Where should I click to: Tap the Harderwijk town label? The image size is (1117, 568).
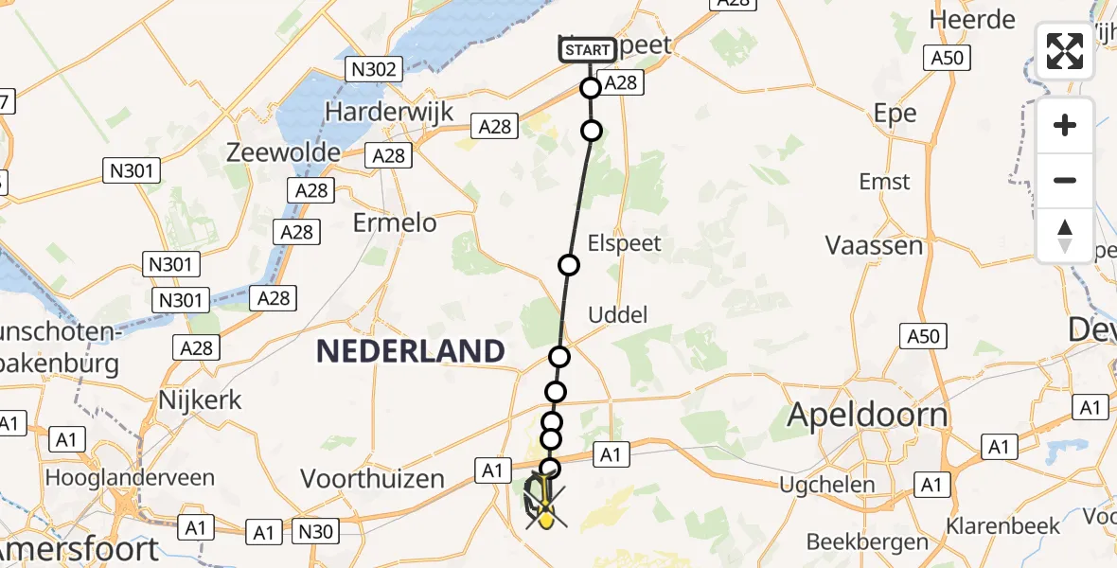[389, 111]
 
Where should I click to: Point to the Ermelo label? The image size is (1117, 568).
[395, 222]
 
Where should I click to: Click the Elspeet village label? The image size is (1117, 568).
[624, 242]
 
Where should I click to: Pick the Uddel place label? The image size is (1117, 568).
[618, 314]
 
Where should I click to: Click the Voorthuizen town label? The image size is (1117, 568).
[372, 478]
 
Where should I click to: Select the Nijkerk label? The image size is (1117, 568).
[201, 399]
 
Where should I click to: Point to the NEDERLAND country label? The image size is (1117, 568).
[410, 351]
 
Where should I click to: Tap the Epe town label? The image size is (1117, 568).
[895, 114]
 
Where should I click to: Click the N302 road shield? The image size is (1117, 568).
[375, 68]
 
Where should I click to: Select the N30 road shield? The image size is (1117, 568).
[312, 532]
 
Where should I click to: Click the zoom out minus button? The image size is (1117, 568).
[1065, 180]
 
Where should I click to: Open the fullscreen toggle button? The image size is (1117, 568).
[1065, 51]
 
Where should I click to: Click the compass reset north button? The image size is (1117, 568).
[1065, 236]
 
